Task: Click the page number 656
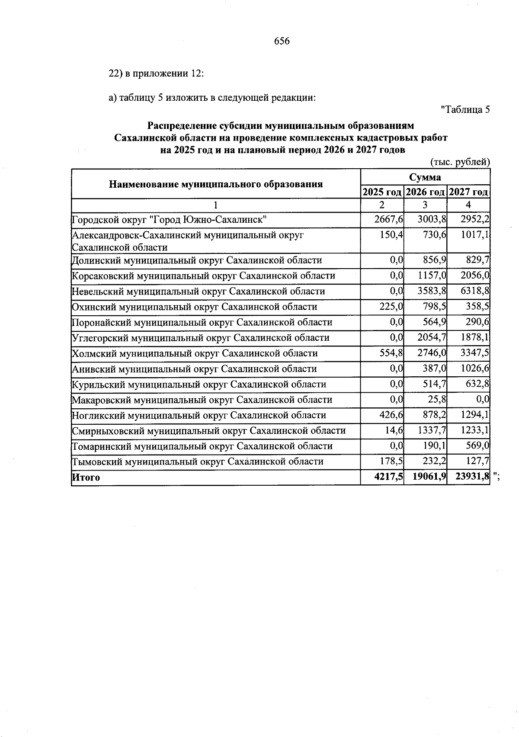point(282,42)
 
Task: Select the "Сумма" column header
point(425,177)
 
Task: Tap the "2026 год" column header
point(426,192)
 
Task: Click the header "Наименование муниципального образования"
point(216,184)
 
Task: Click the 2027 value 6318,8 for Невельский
point(475,292)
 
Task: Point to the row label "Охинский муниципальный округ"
point(194,307)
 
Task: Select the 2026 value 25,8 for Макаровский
point(437,400)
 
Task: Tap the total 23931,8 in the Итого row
point(472,477)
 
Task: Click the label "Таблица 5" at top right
point(465,110)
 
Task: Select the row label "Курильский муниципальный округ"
point(199,385)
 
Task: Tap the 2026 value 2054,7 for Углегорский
point(432,338)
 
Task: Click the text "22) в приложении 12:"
point(156,74)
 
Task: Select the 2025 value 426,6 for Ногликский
point(391,415)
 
